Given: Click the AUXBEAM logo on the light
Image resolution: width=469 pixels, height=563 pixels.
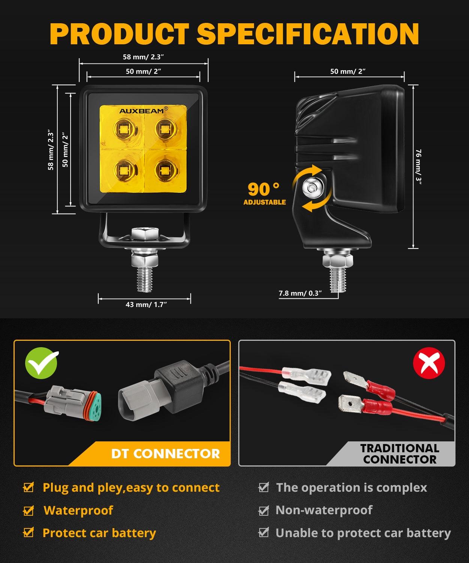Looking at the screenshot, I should [143, 111].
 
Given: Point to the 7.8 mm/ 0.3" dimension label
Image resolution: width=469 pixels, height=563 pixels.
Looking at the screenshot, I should [300, 293].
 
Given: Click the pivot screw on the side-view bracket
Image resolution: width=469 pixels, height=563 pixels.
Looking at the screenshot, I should [312, 186].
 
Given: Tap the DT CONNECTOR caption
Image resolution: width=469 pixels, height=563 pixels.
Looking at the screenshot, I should [165, 453].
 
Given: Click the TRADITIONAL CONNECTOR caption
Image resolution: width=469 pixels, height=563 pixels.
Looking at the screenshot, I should [400, 453].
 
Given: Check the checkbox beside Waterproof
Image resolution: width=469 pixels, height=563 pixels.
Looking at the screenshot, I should [29, 510].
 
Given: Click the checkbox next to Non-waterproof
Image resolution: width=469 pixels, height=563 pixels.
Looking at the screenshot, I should [264, 510].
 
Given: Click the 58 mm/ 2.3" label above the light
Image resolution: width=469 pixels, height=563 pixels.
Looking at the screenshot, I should [144, 57].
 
